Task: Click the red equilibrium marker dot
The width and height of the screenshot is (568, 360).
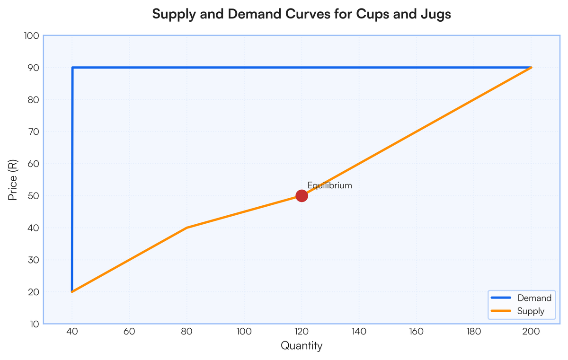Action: [302, 196]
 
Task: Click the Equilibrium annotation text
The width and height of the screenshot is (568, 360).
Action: [329, 185]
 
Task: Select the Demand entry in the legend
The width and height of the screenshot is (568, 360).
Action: [534, 298]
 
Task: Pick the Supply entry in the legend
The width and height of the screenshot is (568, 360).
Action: [531, 311]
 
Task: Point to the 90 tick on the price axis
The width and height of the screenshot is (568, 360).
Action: [33, 68]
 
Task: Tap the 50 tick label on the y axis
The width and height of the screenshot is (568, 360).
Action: [33, 196]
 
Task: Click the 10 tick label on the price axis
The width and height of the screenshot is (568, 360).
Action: [33, 324]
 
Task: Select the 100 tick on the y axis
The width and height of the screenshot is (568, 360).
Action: [31, 36]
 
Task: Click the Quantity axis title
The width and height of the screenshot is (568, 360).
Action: [302, 346]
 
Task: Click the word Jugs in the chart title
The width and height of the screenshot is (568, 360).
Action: [437, 14]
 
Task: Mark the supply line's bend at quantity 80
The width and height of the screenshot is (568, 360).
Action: [187, 228]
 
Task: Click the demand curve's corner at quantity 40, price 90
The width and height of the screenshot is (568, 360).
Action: [72, 68]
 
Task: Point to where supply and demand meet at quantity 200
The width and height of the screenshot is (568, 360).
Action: [531, 68]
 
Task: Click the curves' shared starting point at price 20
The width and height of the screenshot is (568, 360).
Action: [72, 291]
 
